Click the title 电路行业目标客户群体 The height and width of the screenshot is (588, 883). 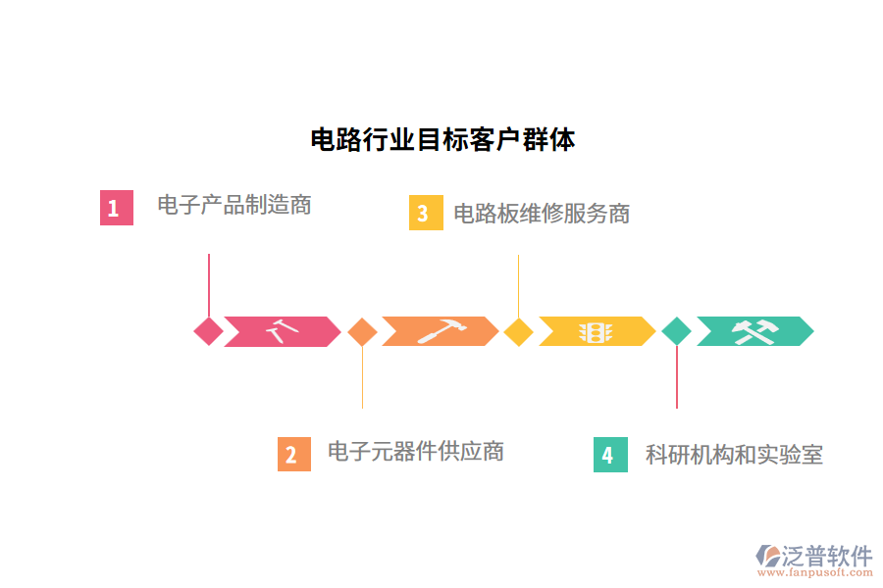[442, 139]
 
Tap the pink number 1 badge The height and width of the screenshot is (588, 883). [116, 208]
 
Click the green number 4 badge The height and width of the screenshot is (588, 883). [610, 455]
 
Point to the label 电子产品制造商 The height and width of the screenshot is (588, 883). [234, 205]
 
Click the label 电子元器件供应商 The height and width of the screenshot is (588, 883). [415, 451]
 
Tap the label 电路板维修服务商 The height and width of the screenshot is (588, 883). [542, 213]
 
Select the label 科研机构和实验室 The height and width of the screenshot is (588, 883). [734, 454]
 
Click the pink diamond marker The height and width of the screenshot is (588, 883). [208, 331]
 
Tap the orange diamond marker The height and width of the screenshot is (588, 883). [362, 331]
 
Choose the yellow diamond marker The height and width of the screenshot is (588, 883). [518, 331]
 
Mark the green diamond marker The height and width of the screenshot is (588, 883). [676, 331]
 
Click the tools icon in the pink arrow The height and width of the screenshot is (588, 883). [282, 331]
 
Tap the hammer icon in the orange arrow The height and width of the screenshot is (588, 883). [440, 331]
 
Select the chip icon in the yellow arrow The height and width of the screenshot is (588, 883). [596, 331]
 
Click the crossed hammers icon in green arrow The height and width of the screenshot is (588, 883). [754, 331]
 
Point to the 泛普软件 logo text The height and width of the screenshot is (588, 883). [826, 556]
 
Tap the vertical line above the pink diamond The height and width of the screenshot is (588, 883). [208, 284]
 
